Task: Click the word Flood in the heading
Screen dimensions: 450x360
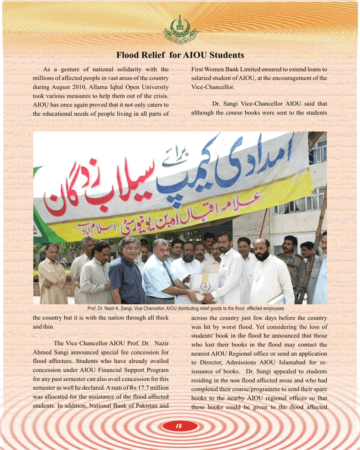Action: click(128, 55)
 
